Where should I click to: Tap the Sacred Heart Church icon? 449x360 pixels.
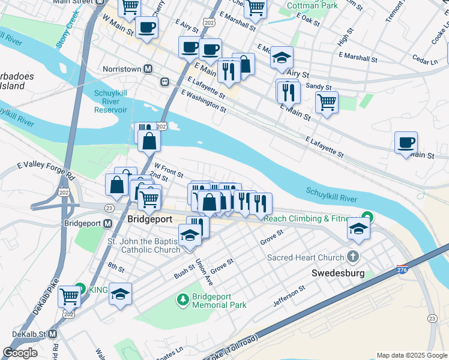coord(352,257)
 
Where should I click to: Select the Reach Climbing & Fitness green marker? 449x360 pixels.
coord(366,218)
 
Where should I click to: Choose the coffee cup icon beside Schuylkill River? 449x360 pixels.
coord(406,143)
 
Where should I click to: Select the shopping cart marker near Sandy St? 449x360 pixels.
coord(327,102)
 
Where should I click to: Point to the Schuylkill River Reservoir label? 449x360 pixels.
coord(110,101)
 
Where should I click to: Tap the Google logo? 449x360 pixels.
coord(20,353)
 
